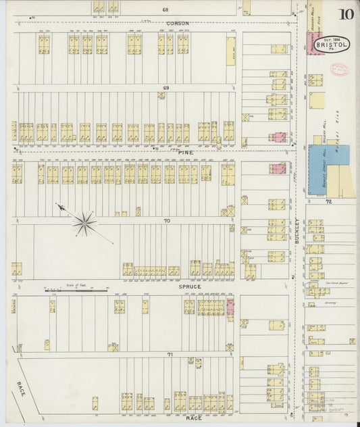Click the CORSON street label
pos(177,23)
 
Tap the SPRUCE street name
pos(190,286)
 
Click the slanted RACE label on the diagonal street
pos(20,389)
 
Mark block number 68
pos(164,10)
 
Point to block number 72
pos(328,201)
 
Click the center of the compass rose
pos(84,222)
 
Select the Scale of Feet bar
pos(76,291)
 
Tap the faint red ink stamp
pos(338,68)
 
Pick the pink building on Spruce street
pos(230,308)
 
